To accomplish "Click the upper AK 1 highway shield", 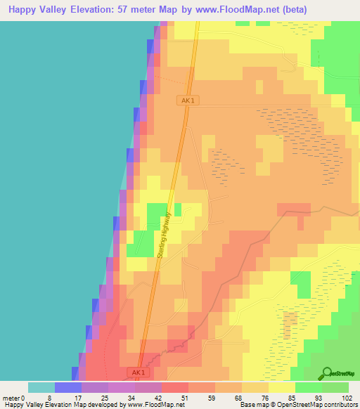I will click(x=187, y=101).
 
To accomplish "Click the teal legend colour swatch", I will click(x=41, y=387).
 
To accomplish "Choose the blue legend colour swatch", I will click(x=68, y=387).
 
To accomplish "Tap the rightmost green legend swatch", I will click(x=335, y=387).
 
